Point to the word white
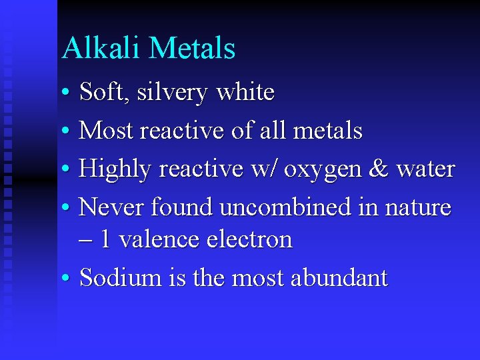pyautogui.click(x=245, y=92)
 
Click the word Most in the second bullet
pyautogui.click(x=105, y=131)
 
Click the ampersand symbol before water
pyautogui.click(x=378, y=169)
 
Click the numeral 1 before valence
pyautogui.click(x=105, y=239)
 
